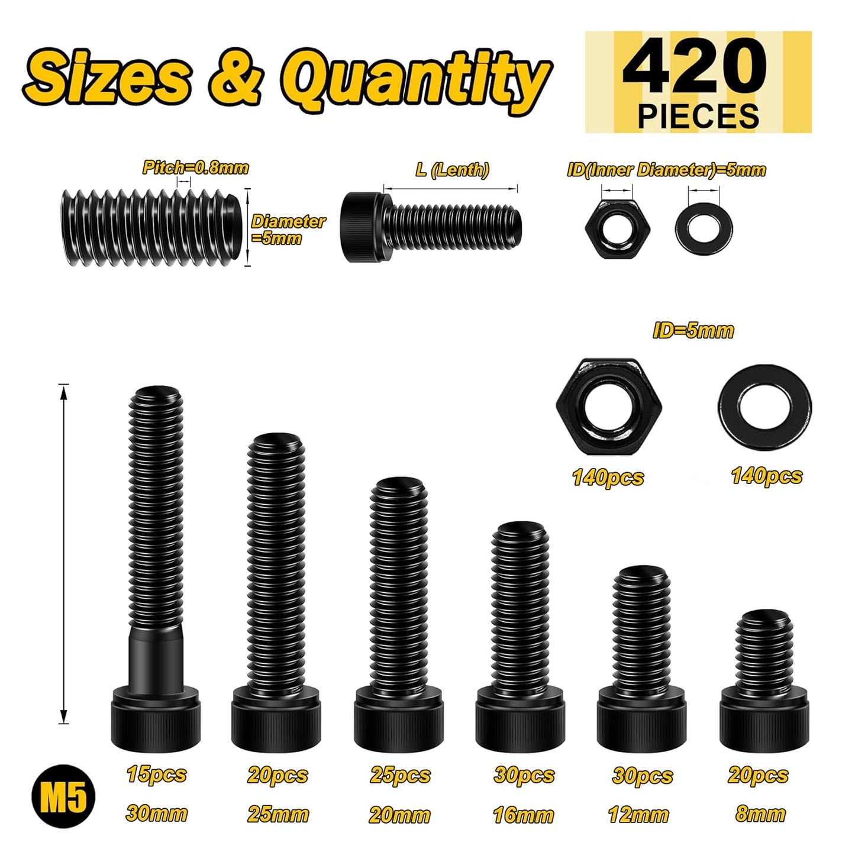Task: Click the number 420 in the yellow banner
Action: [x=695, y=67]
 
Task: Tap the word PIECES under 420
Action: [x=698, y=116]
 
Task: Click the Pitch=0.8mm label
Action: [x=195, y=167]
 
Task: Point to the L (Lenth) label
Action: [x=452, y=169]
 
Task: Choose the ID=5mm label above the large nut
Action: [x=693, y=331]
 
